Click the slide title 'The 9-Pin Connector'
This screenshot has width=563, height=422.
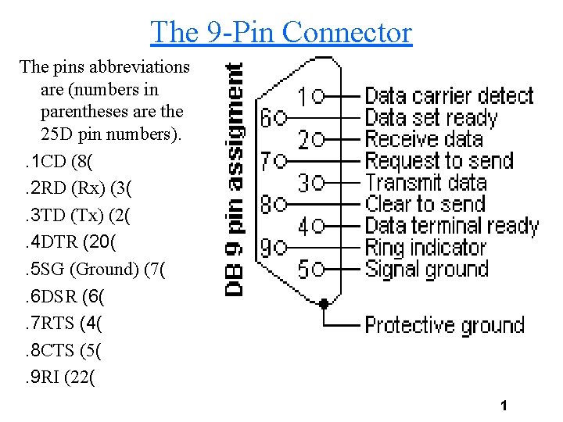[281, 32]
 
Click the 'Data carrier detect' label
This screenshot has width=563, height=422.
[449, 96]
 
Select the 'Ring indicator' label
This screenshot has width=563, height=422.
[425, 248]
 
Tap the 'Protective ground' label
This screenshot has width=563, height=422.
[444, 324]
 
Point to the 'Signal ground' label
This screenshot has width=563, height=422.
[427, 270]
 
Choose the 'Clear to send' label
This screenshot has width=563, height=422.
[425, 205]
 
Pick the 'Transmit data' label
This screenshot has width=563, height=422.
[426, 183]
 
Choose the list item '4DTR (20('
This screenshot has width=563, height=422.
[70, 244]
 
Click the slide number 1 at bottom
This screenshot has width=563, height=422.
[504, 406]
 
